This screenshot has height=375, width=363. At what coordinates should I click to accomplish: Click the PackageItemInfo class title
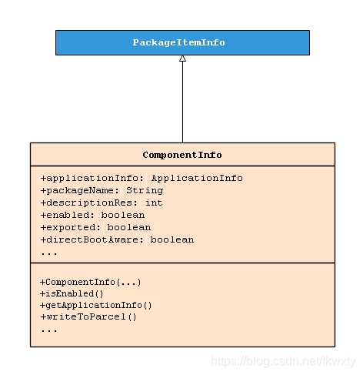pos(178,42)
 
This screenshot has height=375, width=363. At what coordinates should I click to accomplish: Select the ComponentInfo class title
pos(182,155)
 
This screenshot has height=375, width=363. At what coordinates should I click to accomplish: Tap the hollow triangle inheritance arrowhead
pos(182,59)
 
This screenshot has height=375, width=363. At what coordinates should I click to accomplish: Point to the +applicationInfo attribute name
pos(90,179)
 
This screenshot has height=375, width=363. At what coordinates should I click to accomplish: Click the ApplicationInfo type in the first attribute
pos(197,179)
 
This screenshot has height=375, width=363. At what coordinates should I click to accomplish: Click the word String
pos(145,191)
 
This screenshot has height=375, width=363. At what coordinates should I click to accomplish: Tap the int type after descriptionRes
pos(154,203)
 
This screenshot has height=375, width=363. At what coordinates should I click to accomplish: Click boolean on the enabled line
pos(123,215)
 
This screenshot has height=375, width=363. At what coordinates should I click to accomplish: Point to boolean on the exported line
pos(129,227)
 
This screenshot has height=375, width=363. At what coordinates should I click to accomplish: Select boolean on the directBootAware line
pos(172,239)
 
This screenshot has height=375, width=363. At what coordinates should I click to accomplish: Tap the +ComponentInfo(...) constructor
pos(91,283)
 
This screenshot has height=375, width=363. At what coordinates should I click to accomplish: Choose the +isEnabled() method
pos(72,293)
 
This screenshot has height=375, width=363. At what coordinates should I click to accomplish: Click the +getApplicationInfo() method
pos(96,306)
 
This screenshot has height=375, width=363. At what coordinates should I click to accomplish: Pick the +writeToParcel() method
pos(88,317)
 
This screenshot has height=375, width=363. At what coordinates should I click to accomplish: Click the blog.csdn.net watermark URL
pos(283,361)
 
